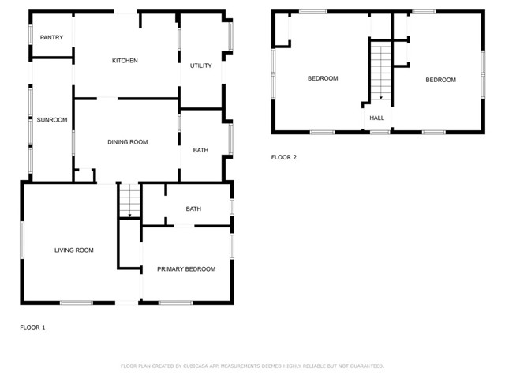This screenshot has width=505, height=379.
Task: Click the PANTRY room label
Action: [51, 37]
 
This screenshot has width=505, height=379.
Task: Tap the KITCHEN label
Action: [125, 61]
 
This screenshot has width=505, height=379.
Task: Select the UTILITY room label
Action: [201, 66]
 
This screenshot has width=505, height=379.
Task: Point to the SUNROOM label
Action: [52, 120]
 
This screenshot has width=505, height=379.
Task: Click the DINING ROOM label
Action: [128, 142]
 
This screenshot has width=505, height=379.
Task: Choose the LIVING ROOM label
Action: [74, 250]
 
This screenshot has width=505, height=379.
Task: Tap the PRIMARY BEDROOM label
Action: [186, 269]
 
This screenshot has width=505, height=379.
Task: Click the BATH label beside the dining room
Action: [200, 149]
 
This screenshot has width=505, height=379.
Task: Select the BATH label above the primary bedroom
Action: [193, 209]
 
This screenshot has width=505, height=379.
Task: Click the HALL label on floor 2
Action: [377, 118]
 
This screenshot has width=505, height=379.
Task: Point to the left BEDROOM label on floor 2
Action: [323, 78]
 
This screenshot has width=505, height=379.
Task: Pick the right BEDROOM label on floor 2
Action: [440, 80]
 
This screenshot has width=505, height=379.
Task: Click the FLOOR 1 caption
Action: [32, 328]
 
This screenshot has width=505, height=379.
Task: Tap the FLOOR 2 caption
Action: [284, 157]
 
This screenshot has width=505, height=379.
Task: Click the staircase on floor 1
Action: [129, 200]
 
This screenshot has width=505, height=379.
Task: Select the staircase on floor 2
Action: [381, 71]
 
